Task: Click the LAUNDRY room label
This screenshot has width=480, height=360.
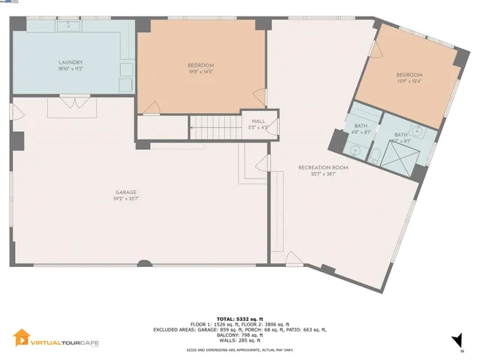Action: point(70,62)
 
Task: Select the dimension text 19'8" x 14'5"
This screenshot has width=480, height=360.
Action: point(200,72)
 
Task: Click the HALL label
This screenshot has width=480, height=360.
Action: point(258,121)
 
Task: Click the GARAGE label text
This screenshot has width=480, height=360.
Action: point(125,192)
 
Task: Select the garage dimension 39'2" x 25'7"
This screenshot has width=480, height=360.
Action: point(125,199)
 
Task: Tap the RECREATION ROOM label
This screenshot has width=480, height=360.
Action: point(322,166)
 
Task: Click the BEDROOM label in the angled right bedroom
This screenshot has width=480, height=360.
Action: point(409,74)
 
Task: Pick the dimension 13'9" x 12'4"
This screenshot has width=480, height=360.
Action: point(409,81)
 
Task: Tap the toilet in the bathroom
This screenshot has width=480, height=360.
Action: point(356,150)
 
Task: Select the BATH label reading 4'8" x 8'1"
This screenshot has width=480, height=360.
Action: point(361,128)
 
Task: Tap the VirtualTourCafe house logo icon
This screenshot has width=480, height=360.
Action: point(22,339)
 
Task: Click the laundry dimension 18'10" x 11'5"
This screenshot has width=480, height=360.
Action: point(70,69)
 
